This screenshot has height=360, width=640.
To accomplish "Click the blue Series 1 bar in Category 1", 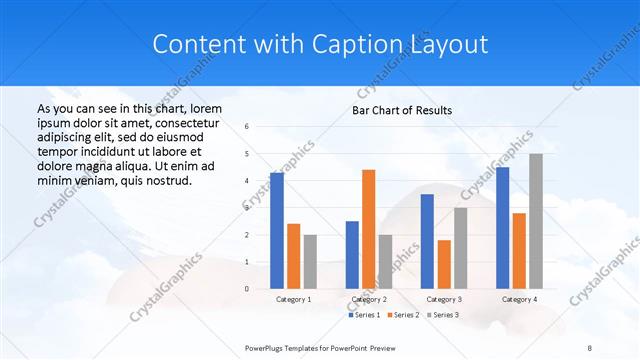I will [x=277, y=231].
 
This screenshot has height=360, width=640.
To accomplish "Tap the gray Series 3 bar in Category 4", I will [x=536, y=221].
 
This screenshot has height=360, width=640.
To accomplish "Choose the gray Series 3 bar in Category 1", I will [x=310, y=262].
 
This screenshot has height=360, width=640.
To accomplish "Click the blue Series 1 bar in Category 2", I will [x=352, y=255].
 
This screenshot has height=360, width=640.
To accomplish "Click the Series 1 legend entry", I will [x=365, y=315].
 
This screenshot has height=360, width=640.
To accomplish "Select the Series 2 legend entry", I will [x=403, y=315].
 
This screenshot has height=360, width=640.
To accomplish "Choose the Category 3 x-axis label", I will [x=443, y=299].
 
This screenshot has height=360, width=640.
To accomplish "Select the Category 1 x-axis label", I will [x=293, y=299].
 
